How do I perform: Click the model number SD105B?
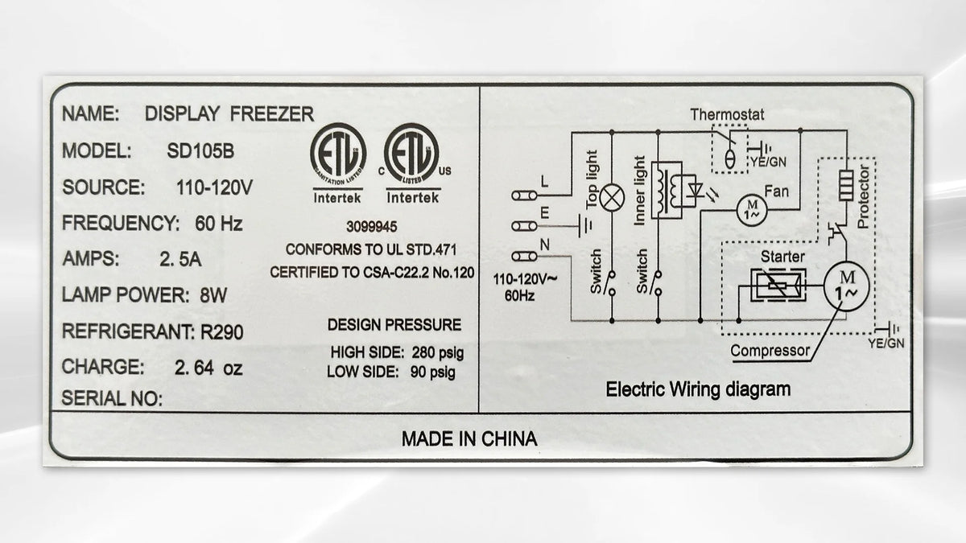point(200,151)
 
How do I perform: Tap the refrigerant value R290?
point(222,332)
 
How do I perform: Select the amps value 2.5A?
point(180,259)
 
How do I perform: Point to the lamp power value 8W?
point(213,296)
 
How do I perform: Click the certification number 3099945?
point(372,227)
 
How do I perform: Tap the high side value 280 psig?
point(438,353)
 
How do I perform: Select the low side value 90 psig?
point(432,372)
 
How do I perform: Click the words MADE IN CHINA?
point(469,438)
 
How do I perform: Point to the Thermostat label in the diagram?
point(727,114)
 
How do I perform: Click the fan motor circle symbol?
point(752,209)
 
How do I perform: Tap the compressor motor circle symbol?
point(846,285)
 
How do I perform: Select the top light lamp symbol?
point(612,197)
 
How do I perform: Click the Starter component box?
point(778,285)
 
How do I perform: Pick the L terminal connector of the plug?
point(524,195)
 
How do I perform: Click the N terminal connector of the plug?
point(524,257)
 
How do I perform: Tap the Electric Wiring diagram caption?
point(698,389)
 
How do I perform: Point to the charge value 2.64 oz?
point(208,368)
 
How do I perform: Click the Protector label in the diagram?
point(863,196)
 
